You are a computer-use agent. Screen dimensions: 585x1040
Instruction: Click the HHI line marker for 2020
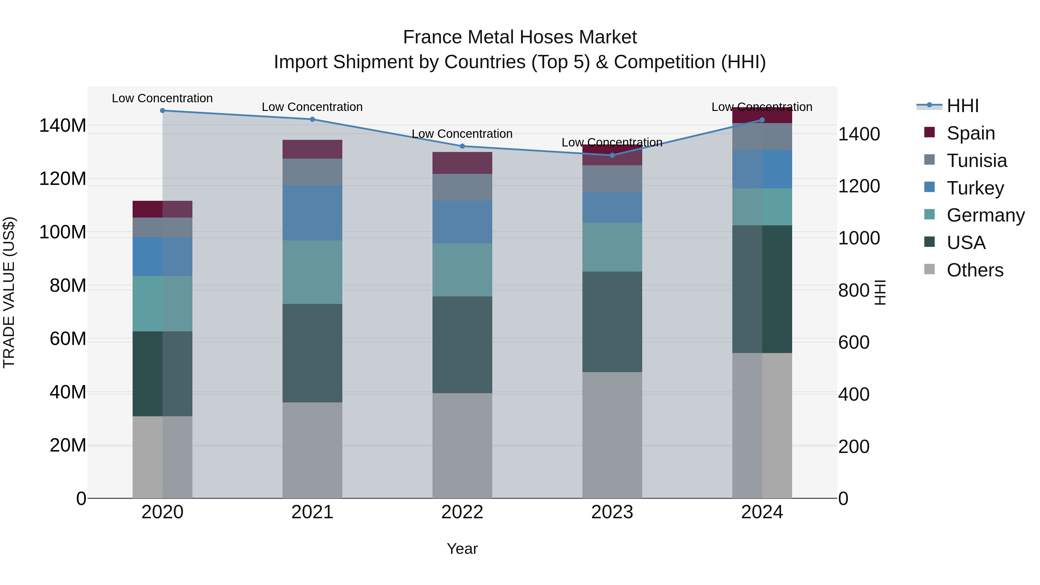tap(162, 111)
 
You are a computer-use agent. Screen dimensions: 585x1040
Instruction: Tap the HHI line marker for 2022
tap(462, 146)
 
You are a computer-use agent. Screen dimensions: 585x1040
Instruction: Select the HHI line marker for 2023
tap(612, 155)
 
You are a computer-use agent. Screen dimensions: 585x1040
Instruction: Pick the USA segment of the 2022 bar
tap(462, 345)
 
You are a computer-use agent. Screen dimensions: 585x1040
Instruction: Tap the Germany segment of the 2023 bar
tap(612, 247)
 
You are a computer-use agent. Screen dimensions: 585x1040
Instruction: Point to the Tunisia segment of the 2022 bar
tap(462, 187)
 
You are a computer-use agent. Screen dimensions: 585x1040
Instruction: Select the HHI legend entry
tap(963, 106)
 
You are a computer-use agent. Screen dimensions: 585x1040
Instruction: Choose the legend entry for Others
tap(975, 270)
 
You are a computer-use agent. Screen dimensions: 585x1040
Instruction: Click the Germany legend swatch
tap(929, 214)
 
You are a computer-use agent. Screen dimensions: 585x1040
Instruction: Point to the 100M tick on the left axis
tap(63, 233)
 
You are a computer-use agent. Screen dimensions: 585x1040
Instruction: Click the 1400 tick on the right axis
tap(859, 134)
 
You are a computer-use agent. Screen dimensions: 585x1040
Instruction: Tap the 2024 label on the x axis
tap(762, 512)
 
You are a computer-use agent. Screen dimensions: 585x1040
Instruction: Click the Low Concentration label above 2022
tap(462, 134)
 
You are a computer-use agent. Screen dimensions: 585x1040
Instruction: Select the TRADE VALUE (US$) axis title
tap(9, 292)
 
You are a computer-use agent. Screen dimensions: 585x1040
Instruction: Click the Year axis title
tap(462, 549)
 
